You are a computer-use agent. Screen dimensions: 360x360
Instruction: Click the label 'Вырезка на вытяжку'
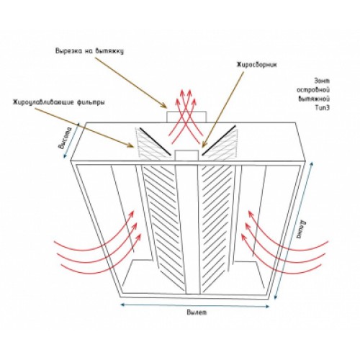coord(89,51)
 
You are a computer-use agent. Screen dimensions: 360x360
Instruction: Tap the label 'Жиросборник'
coord(257,65)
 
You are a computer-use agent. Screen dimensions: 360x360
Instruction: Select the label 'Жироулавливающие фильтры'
coord(59,102)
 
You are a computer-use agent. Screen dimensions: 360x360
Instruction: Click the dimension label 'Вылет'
coord(197,312)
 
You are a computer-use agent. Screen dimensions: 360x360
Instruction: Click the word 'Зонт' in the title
coord(322,81)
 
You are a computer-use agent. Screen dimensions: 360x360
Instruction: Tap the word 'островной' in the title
coord(313,90)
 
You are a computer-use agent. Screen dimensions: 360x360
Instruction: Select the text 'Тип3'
coord(322,108)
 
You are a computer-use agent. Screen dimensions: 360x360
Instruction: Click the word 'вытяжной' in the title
coord(314,99)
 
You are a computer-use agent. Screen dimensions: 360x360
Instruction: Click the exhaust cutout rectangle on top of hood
coord(186,117)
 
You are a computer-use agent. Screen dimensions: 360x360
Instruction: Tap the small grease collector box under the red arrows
coord(186,156)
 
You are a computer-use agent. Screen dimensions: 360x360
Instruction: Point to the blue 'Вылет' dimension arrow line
coord(195,306)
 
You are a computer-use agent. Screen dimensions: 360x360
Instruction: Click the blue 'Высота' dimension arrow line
coord(71,140)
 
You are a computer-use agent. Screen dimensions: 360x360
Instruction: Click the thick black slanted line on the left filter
coord(156,142)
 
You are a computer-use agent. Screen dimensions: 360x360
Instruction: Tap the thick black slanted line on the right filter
coord(218,140)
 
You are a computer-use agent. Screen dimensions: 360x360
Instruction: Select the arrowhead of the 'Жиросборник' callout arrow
coord(203,144)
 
